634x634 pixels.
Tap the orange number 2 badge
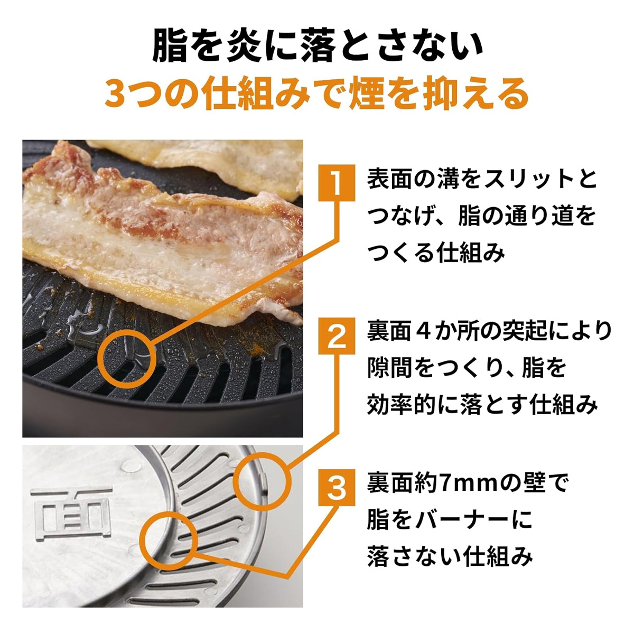[337, 335]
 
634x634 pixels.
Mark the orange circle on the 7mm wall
[169, 538]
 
